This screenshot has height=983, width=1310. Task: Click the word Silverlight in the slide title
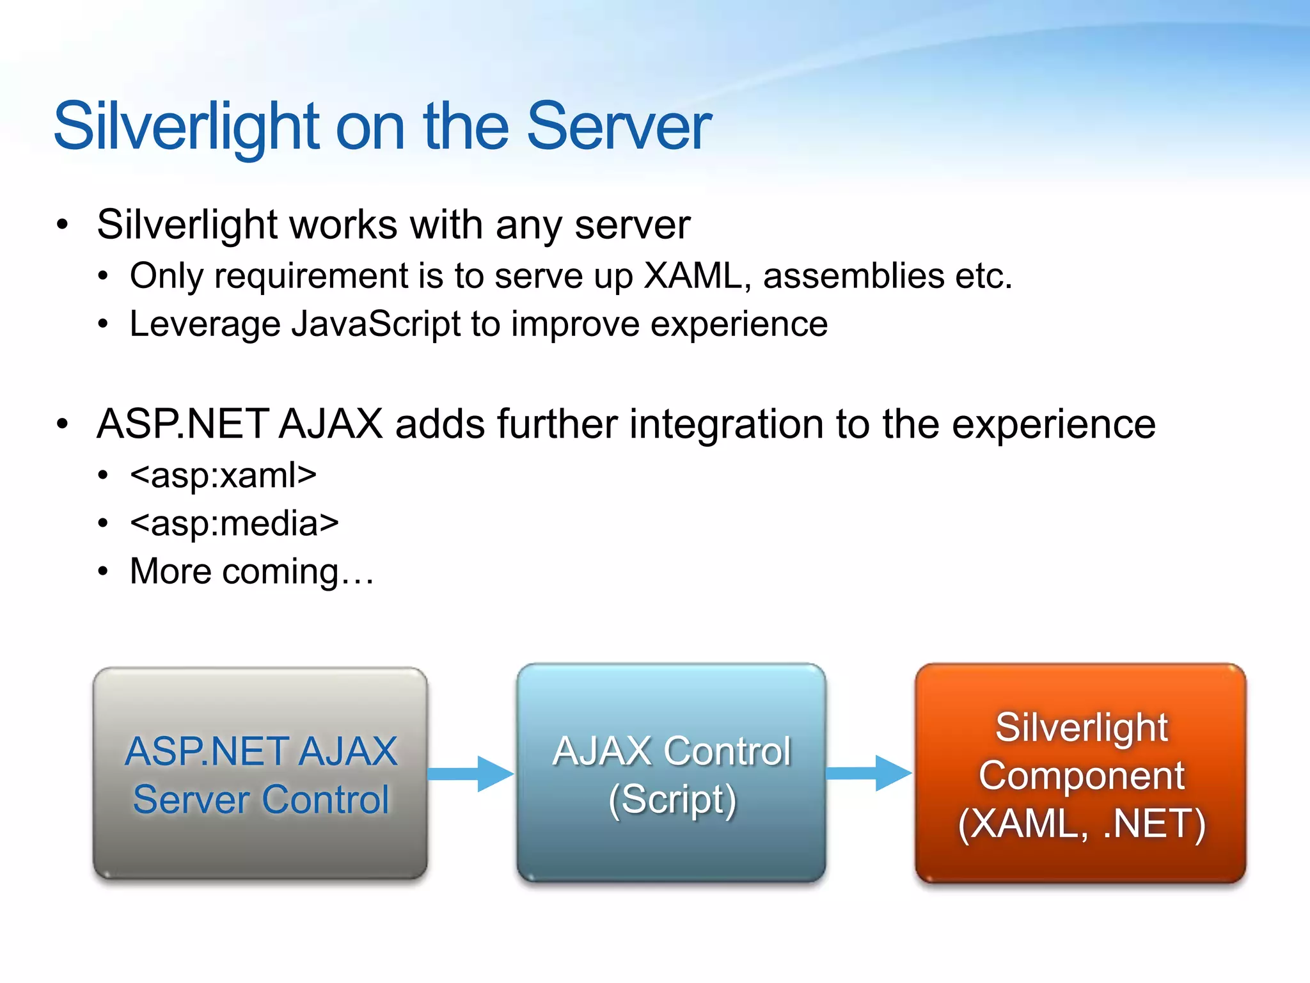[186, 127]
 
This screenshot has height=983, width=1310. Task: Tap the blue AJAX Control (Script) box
[671, 773]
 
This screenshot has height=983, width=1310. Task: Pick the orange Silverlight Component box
[1080, 773]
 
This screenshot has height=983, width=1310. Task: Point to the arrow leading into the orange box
[869, 773]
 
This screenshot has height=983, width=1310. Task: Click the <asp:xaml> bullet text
[223, 476]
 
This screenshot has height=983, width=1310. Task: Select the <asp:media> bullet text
[234, 523]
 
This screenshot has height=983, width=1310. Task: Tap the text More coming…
[251, 571]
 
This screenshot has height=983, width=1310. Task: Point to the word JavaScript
[376, 324]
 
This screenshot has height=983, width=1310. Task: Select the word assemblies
[853, 276]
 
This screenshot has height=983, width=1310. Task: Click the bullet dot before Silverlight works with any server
[62, 225]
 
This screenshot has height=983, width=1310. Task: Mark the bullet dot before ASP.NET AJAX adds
[62, 424]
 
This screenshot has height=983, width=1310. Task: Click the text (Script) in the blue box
[672, 799]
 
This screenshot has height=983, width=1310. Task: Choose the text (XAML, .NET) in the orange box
[1081, 824]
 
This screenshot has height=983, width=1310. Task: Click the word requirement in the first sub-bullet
[310, 277]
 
